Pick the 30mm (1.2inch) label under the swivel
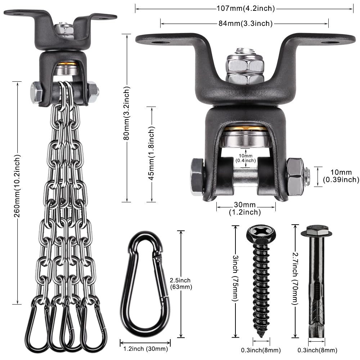click(245, 209)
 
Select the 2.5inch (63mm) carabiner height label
click(181, 284)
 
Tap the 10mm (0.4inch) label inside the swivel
click(245, 157)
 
